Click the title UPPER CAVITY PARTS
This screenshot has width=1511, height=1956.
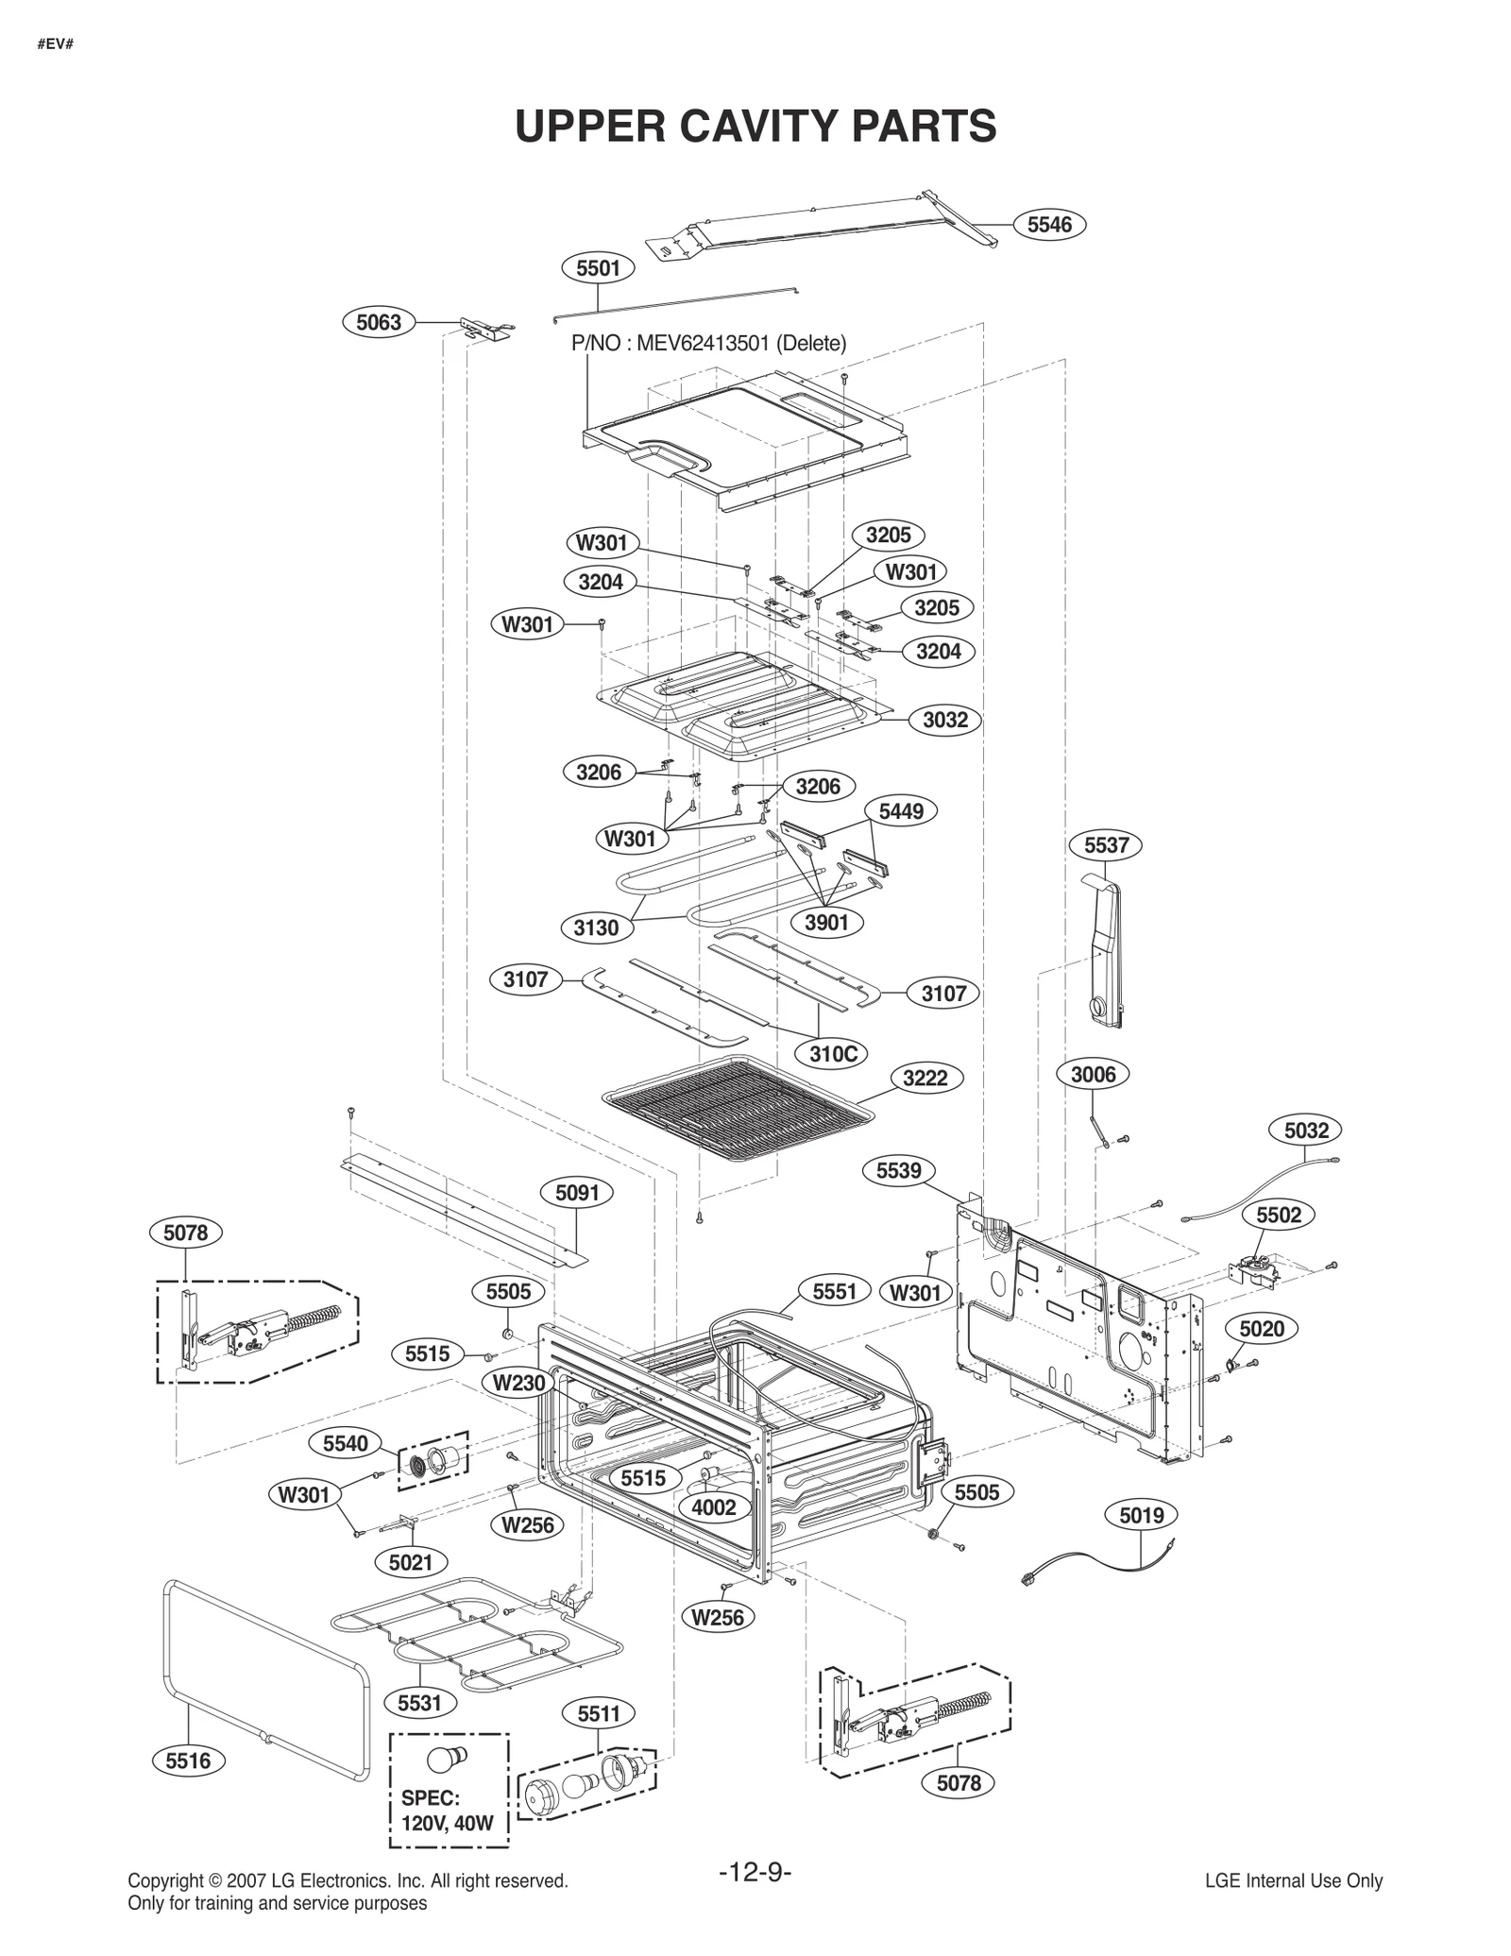click(755, 126)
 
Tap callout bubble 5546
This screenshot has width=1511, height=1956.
click(1049, 224)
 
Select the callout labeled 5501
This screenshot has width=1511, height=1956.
click(598, 268)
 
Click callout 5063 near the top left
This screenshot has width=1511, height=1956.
click(378, 322)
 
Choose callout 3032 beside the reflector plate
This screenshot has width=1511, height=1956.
click(945, 720)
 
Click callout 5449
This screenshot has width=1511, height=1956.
click(901, 810)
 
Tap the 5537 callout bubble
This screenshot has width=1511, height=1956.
click(1106, 844)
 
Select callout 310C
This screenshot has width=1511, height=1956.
click(832, 1053)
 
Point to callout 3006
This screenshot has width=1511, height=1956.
click(1093, 1074)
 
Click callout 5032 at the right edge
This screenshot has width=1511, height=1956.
click(1306, 1130)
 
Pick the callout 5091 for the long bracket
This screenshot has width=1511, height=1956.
click(577, 1193)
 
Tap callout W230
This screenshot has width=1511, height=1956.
click(518, 1383)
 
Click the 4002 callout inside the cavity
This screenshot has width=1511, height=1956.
click(713, 1506)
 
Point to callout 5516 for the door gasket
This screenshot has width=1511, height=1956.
click(188, 1760)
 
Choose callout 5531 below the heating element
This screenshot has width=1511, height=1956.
click(419, 1703)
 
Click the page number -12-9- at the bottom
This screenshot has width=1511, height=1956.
click(755, 1872)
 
